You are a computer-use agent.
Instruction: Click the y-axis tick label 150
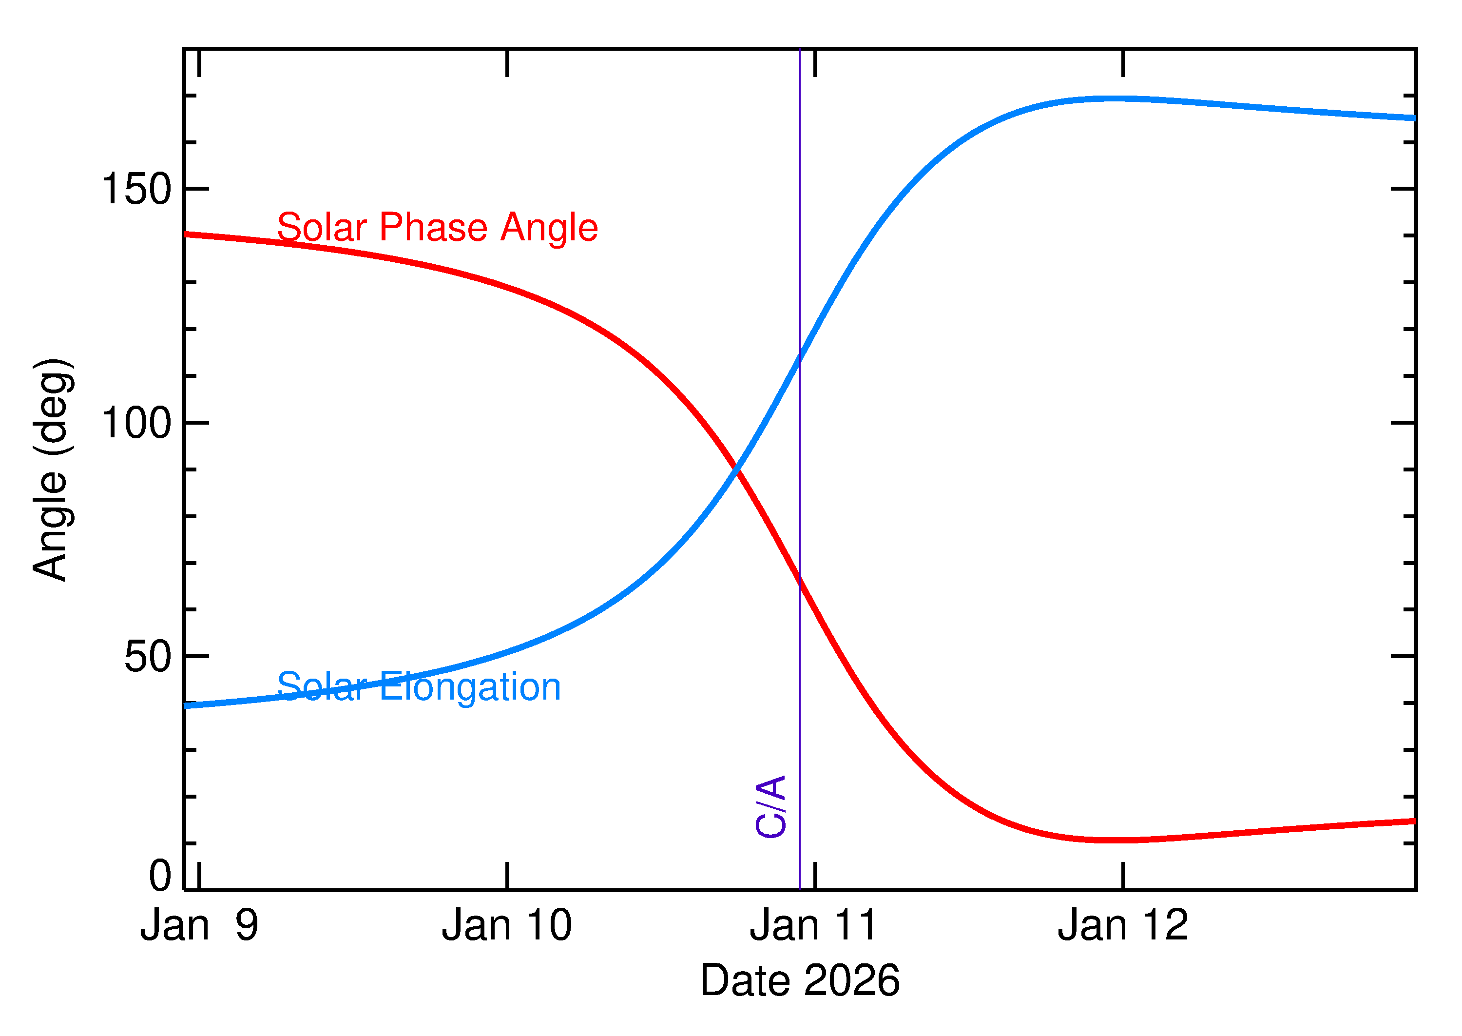coord(136,190)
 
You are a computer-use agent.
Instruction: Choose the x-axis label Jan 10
coord(507,926)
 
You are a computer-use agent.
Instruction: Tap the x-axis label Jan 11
coord(814,926)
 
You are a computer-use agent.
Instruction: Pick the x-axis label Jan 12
coord(1123,926)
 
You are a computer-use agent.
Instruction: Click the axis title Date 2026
coord(800,980)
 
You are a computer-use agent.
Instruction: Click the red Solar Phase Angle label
coord(438,228)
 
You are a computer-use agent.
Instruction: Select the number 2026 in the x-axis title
coord(851,980)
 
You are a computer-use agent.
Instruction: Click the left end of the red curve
coord(186,234)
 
